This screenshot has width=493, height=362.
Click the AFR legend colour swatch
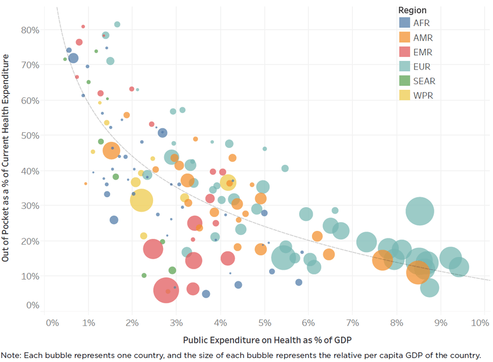coord(405,23)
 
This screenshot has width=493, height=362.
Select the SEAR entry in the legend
coord(424,81)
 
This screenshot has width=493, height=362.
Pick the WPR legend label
coord(423,96)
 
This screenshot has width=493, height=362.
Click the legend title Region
coord(412,10)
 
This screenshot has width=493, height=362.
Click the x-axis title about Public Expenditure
coord(267,339)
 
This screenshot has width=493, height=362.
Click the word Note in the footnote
coord(10,355)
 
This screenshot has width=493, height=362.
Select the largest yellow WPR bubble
coord(141,201)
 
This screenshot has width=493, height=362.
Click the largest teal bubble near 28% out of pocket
coord(420,211)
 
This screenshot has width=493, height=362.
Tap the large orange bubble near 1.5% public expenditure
coord(111,150)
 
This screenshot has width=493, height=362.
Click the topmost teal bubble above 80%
coord(117,24)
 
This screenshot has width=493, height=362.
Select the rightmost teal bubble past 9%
coord(458,267)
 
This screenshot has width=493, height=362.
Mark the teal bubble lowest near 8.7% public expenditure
coord(429,287)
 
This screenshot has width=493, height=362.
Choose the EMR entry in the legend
coord(423,52)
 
